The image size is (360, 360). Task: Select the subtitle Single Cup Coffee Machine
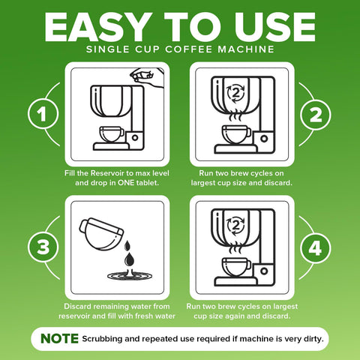tap(180, 50)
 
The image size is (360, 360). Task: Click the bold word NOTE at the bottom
tap(59, 338)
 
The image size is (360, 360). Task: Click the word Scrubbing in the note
tap(106, 339)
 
